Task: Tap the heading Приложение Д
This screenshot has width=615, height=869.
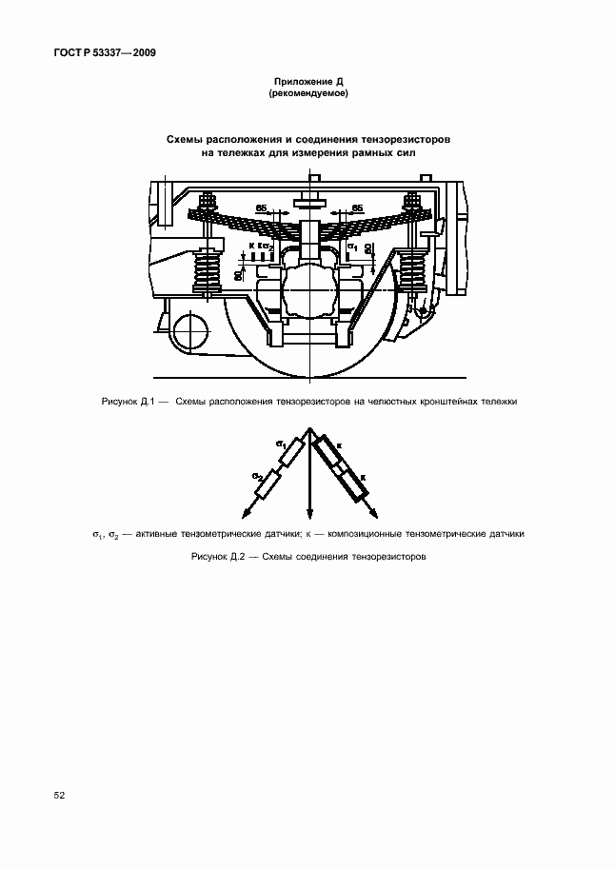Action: click(307, 83)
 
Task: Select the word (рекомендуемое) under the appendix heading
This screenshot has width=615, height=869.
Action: click(307, 94)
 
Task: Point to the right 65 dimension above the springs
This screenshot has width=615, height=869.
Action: click(356, 207)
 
